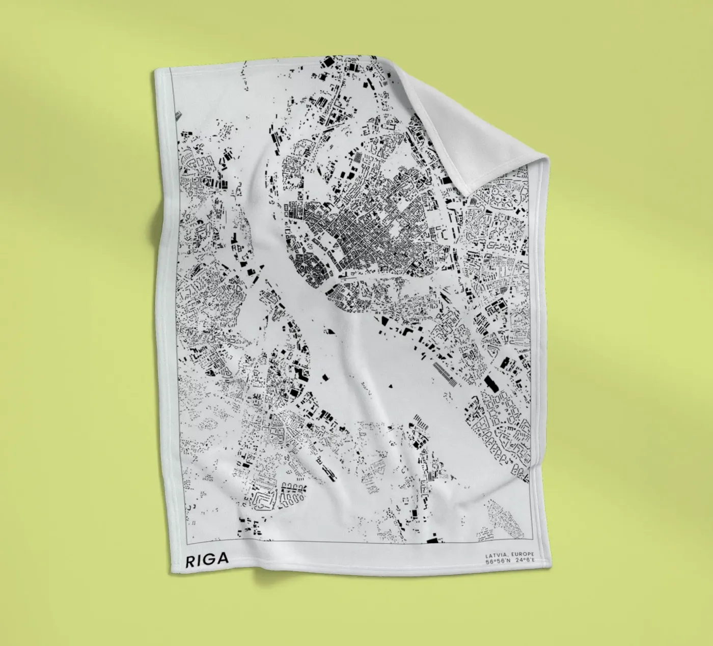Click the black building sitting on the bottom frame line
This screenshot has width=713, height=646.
coord(433,541)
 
